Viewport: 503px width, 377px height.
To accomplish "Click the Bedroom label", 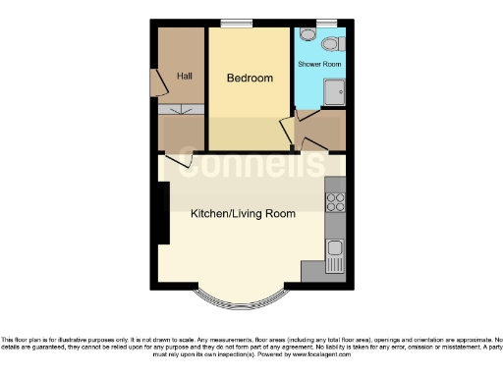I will point(250,78).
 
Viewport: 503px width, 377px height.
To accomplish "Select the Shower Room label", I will point(319,64).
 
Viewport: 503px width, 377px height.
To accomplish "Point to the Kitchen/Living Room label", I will point(243,212).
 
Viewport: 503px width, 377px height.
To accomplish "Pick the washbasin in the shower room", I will point(307,34).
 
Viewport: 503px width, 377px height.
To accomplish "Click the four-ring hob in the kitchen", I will point(334,202).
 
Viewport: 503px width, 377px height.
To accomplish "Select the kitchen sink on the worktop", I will point(335,248).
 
